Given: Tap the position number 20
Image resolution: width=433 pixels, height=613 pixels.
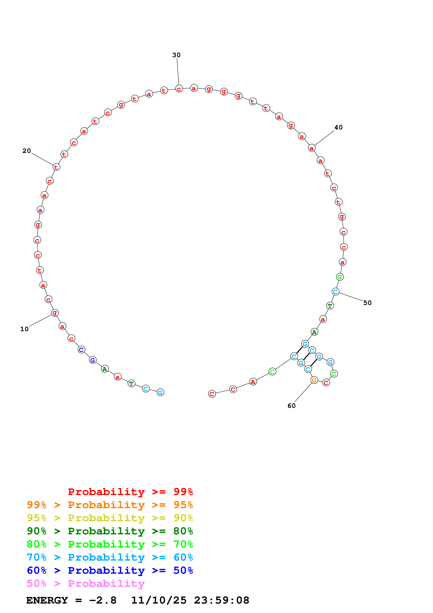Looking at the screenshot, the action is click(x=26, y=151).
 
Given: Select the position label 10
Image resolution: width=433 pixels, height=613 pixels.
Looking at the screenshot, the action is click(x=24, y=329).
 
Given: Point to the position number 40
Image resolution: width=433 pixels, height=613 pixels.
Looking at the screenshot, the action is click(x=338, y=127).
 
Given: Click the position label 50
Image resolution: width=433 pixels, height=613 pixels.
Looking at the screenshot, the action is click(x=367, y=303).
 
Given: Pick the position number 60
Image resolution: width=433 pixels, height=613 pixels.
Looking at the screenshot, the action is click(x=291, y=406).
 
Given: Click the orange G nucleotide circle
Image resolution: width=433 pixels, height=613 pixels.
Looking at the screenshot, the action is click(x=314, y=380).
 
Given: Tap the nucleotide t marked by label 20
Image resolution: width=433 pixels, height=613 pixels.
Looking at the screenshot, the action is click(x=56, y=167).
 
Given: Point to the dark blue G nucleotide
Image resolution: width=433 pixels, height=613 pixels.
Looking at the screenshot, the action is click(x=93, y=360).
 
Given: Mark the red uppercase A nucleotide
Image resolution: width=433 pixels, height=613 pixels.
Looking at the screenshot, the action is click(x=253, y=382).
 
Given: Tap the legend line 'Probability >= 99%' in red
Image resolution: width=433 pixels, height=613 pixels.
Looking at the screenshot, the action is click(x=130, y=492).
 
